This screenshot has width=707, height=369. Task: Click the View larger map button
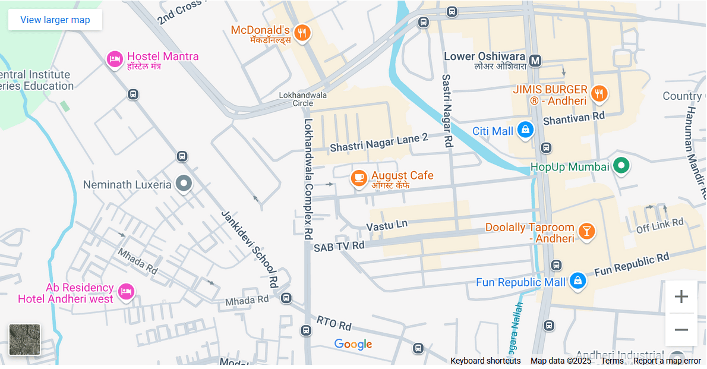(x=55, y=20)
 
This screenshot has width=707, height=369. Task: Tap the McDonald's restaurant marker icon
(x=302, y=33)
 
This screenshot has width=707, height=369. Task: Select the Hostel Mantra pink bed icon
(x=114, y=59)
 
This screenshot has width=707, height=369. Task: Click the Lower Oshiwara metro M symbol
(x=535, y=61)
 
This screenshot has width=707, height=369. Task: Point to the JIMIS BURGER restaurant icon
(x=599, y=94)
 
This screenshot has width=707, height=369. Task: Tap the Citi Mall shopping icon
(x=525, y=130)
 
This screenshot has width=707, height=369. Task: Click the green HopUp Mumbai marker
(x=621, y=166)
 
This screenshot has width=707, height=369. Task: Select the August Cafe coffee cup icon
(x=358, y=178)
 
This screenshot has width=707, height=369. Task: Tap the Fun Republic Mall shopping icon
(x=577, y=281)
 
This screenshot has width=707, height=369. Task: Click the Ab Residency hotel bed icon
(x=125, y=291)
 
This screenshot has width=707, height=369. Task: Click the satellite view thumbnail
(x=25, y=339)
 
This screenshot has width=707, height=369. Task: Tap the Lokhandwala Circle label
(x=303, y=99)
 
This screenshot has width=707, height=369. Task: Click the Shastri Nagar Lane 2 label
(x=378, y=143)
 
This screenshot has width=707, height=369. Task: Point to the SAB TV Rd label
(x=339, y=246)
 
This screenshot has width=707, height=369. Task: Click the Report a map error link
(x=667, y=361)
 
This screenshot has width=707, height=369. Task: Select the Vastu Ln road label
(x=387, y=226)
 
